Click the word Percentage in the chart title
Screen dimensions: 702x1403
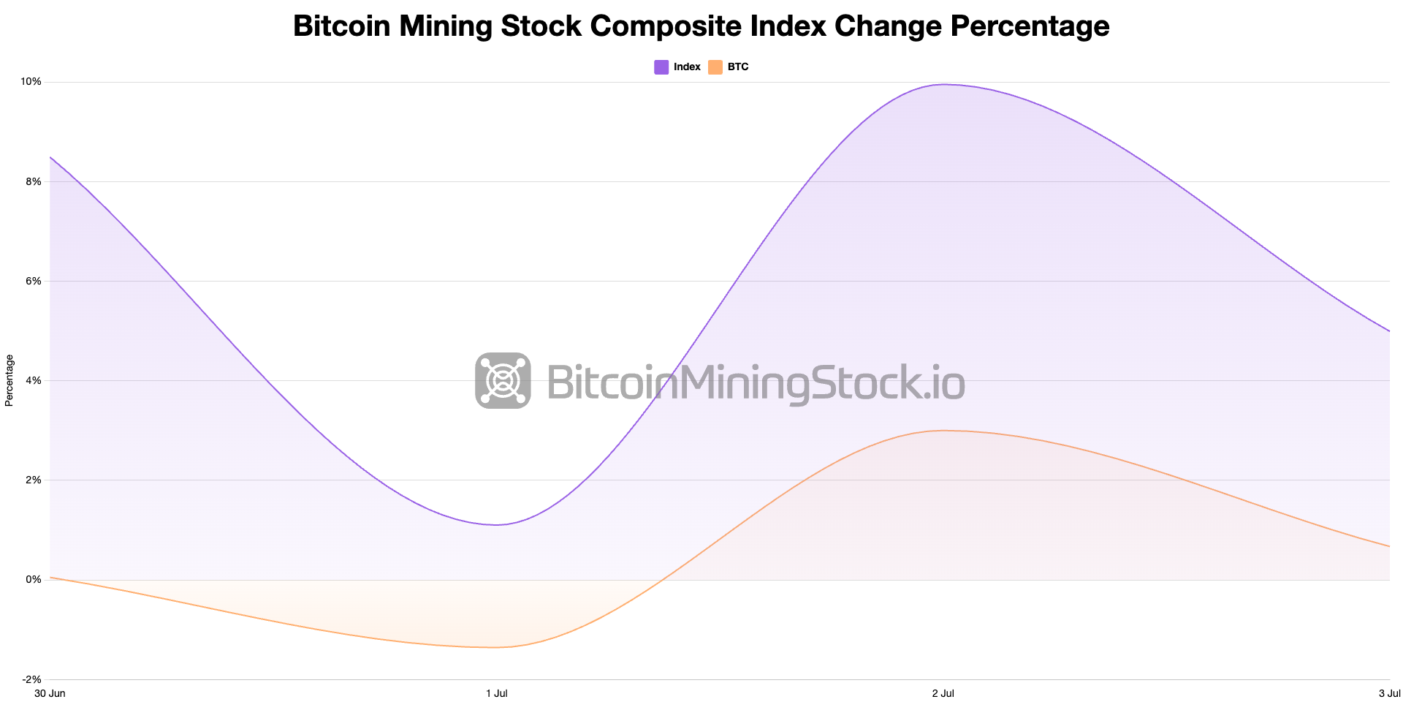tap(1030, 26)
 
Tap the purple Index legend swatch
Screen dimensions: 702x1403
tap(661, 67)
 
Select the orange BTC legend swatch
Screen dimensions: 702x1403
tap(715, 67)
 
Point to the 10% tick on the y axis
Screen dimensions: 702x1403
tap(31, 82)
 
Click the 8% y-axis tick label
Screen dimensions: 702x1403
tap(33, 181)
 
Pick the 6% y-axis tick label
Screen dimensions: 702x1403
tap(33, 281)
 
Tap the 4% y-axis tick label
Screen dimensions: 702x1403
tap(33, 380)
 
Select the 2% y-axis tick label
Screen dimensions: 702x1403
tap(33, 480)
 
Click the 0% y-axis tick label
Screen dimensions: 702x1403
tap(33, 579)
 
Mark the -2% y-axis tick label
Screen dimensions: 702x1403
tap(31, 679)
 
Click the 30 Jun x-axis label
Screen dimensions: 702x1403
tap(50, 693)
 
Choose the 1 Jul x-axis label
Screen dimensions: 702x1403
tap(497, 693)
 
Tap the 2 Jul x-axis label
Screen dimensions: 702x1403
tap(943, 693)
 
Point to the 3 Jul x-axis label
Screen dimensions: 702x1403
tap(1389, 693)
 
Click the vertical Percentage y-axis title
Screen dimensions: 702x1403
tap(9, 380)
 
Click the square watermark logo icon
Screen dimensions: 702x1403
tap(503, 380)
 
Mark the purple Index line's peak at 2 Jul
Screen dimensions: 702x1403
tap(943, 84)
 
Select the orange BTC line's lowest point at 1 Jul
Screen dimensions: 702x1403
tap(495, 647)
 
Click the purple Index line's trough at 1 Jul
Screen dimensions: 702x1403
tap(496, 524)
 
